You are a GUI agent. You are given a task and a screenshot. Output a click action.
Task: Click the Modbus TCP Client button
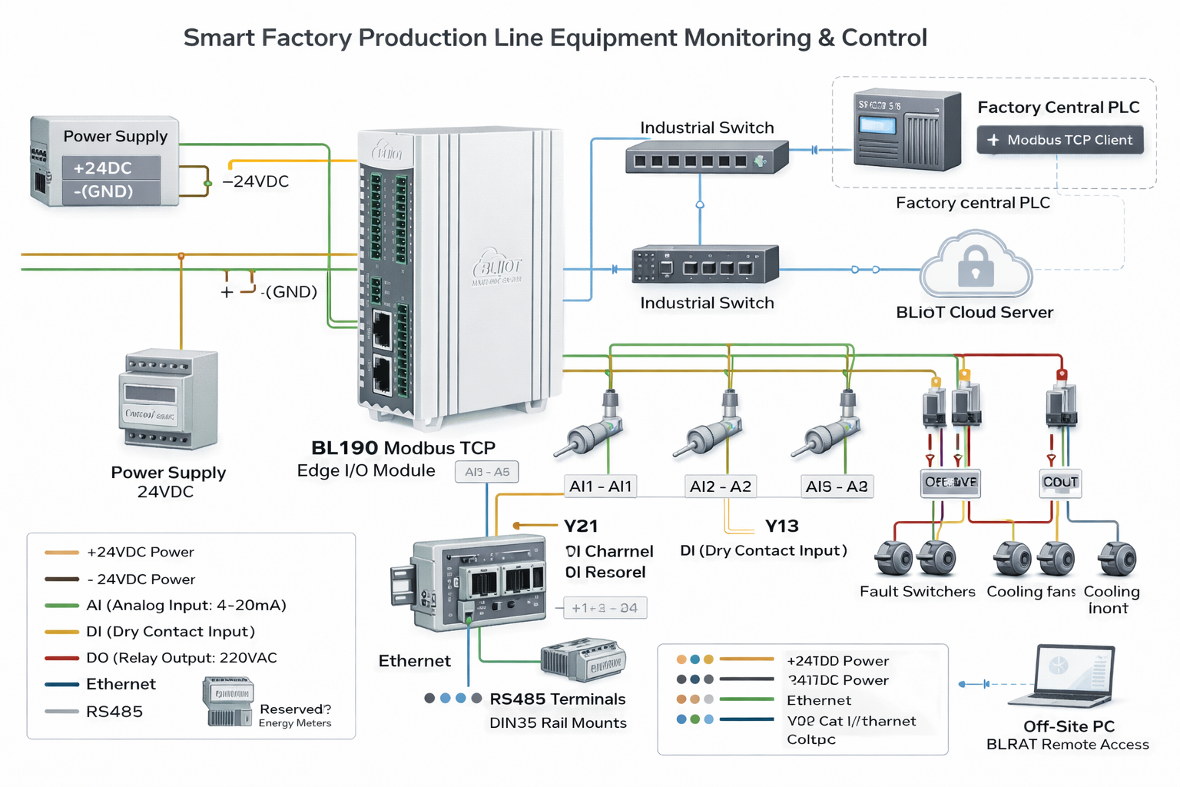click(1060, 140)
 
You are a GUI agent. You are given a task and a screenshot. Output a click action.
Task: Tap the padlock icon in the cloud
click(975, 266)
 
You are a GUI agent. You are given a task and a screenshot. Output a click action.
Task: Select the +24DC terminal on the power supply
click(111, 168)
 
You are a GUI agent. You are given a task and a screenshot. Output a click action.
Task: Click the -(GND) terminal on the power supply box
click(111, 191)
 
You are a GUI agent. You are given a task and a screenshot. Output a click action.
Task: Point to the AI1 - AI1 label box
click(600, 486)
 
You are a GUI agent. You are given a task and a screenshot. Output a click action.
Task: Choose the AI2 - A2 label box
click(720, 486)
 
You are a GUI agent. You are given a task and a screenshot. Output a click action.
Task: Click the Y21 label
click(581, 526)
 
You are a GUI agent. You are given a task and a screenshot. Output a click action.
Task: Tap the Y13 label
click(781, 526)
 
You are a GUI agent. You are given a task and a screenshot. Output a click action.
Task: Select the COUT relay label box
click(1060, 483)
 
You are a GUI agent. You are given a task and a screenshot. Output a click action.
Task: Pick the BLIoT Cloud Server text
click(974, 313)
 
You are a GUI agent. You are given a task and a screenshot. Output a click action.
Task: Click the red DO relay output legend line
click(61, 658)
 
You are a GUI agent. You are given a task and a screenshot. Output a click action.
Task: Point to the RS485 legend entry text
click(114, 712)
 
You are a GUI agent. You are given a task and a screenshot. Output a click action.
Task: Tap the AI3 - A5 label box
click(486, 472)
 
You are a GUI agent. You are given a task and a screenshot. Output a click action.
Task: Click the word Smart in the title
click(218, 38)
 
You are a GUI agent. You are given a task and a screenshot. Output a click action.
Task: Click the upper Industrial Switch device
click(706, 158)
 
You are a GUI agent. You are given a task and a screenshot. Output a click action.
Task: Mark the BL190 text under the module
click(344, 448)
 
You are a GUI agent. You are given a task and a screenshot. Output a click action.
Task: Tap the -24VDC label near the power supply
click(256, 182)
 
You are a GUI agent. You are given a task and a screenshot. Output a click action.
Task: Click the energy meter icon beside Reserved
click(228, 701)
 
